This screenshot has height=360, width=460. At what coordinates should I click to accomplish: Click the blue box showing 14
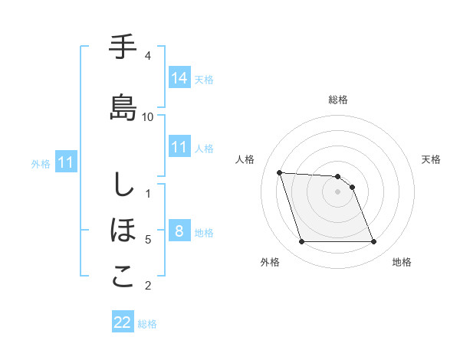(x=179, y=78)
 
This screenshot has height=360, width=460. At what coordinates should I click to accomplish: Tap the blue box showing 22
(x=123, y=323)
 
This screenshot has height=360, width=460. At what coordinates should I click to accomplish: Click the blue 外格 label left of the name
(x=41, y=163)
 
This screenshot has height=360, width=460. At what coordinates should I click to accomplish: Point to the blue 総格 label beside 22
(x=147, y=324)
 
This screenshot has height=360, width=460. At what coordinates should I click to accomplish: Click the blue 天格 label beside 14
(x=204, y=79)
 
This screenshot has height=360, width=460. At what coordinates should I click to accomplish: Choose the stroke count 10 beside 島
(x=148, y=116)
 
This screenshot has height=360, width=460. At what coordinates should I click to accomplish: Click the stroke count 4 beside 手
(x=148, y=56)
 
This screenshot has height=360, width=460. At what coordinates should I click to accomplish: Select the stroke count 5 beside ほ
(x=148, y=240)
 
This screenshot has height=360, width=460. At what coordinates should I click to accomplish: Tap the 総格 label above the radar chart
(x=338, y=100)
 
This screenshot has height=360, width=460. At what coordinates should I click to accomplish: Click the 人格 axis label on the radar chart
(x=246, y=159)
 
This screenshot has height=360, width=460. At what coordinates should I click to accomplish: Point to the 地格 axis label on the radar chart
(x=402, y=262)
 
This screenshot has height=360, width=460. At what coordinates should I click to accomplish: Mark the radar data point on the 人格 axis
(x=280, y=172)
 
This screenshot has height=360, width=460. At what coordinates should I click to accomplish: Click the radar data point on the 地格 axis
(x=373, y=242)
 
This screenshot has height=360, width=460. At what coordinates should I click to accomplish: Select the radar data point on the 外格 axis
(x=301, y=242)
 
